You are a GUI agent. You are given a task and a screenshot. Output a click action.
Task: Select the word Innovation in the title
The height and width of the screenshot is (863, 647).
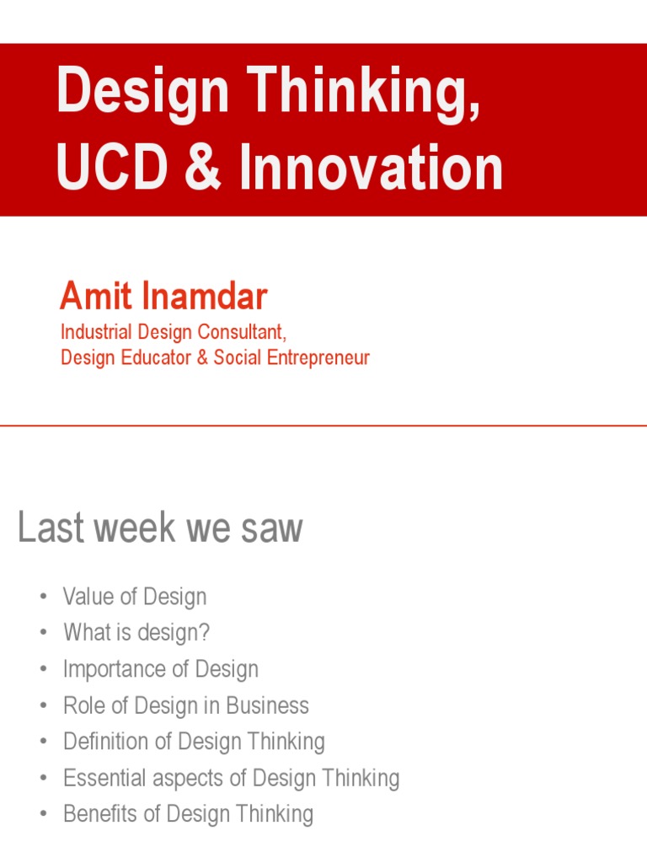pos(372,168)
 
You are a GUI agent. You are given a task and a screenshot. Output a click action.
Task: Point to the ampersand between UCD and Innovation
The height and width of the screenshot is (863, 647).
pos(204,168)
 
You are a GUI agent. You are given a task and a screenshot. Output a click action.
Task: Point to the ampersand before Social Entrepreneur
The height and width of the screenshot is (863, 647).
pos(202,357)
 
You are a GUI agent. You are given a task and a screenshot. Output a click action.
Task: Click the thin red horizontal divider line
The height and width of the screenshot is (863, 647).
pos(323,426)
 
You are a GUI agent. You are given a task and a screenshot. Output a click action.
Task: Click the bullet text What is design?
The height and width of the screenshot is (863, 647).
pos(136,633)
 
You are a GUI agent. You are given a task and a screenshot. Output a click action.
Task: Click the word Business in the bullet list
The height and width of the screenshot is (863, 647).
pos(269,705)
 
